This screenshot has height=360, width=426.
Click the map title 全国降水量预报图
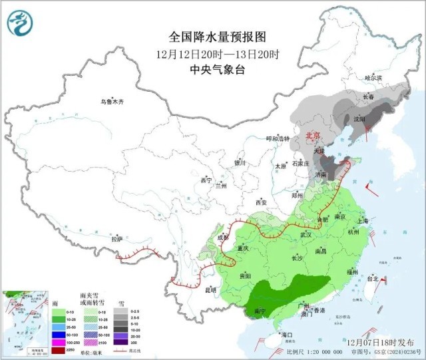pos(208,37)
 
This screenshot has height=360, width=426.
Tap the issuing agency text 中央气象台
pos(208,69)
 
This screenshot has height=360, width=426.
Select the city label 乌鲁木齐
pos(112,102)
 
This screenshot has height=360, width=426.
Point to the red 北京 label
pos(312,136)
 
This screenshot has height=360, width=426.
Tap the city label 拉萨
pos(117,238)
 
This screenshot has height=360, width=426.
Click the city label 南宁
pos(262,310)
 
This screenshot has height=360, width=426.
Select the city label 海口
pos(288,334)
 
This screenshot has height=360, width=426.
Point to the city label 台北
pos(375,279)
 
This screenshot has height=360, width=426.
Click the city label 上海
pos(363,221)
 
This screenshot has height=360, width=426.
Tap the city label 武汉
pos(306,235)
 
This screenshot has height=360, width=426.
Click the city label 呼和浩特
pos(278,138)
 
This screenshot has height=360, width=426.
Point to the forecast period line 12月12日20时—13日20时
pos(208,53)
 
